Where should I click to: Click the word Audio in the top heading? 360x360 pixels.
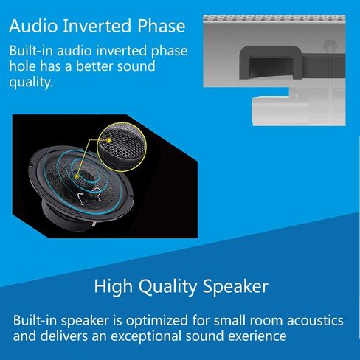tap(34, 28)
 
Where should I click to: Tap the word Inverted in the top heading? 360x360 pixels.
tap(96, 28)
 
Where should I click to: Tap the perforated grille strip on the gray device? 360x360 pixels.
tap(280, 14)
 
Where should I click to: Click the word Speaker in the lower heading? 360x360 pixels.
tap(234, 285)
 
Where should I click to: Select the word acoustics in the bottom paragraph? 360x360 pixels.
tap(311, 321)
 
